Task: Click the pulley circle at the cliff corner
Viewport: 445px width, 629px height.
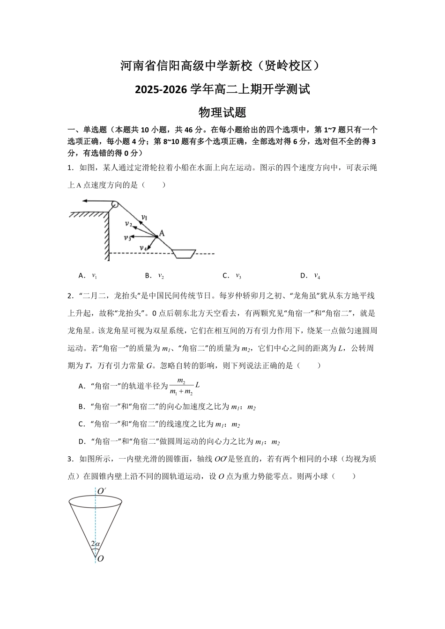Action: point(113,204)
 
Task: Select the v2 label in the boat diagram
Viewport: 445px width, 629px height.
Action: point(128,224)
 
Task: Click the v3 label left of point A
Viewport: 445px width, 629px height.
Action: point(127,238)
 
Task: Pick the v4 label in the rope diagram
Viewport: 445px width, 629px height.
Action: point(143,248)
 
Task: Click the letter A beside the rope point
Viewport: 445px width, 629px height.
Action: point(162,233)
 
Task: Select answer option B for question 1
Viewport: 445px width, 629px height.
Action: point(155,276)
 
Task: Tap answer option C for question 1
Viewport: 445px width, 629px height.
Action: point(232,276)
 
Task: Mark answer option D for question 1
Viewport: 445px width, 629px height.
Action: point(310,276)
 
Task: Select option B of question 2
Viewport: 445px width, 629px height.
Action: point(167,407)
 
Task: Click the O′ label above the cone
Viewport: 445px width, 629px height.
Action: point(101,491)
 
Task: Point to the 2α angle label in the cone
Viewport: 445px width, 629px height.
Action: point(95,544)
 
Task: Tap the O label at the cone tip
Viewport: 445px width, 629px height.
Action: point(100,559)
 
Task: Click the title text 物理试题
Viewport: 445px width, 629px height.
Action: point(222,113)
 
